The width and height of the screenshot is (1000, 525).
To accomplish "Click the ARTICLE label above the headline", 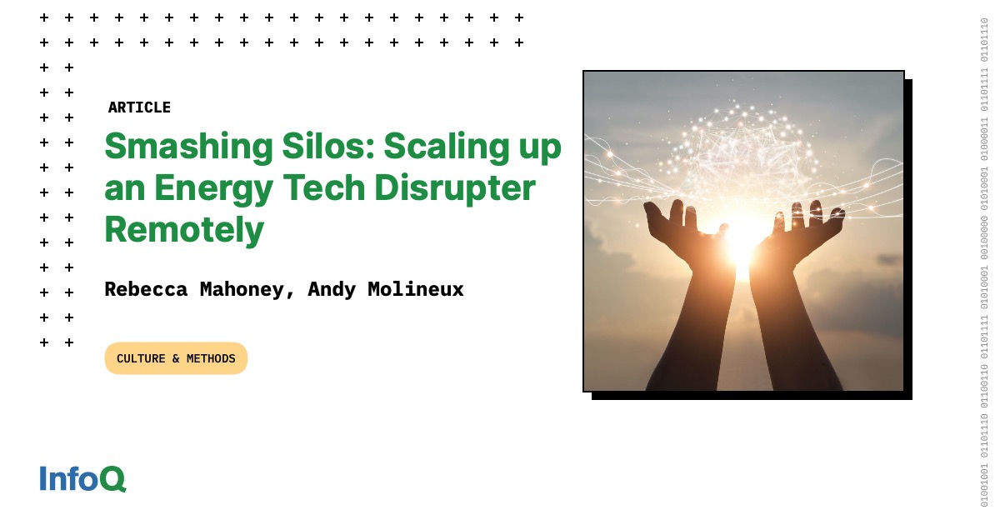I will click(x=139, y=107).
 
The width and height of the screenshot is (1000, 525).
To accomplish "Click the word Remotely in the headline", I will click(x=184, y=229).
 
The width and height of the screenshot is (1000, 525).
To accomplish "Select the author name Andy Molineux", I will click(x=386, y=289).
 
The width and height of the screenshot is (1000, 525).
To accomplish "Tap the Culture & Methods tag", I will click(x=176, y=358).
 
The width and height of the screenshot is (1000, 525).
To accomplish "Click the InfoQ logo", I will click(x=82, y=478).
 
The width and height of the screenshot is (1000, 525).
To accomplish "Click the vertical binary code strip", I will click(x=984, y=262).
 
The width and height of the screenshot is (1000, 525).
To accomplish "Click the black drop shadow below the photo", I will click(x=750, y=396).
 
